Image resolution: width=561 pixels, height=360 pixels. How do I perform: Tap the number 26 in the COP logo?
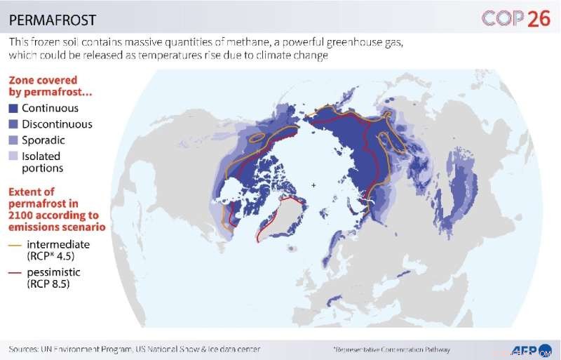pyautogui.click(x=538, y=18)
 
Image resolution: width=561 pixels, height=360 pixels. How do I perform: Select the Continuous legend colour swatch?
pyautogui.click(x=13, y=109)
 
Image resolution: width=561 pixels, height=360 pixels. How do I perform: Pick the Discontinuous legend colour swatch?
pyautogui.click(x=13, y=124)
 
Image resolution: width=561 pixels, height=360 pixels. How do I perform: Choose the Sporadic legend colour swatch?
pyautogui.click(x=13, y=140)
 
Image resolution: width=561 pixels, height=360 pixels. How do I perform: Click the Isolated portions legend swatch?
pyautogui.click(x=13, y=156)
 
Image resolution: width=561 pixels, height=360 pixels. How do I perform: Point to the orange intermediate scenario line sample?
pyautogui.click(x=14, y=244)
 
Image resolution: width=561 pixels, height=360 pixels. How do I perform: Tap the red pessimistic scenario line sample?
pyautogui.click(x=14, y=272)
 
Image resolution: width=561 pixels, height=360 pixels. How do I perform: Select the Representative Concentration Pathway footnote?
pyautogui.click(x=391, y=349)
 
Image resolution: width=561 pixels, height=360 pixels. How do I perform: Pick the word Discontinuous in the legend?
pyautogui.click(x=57, y=124)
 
